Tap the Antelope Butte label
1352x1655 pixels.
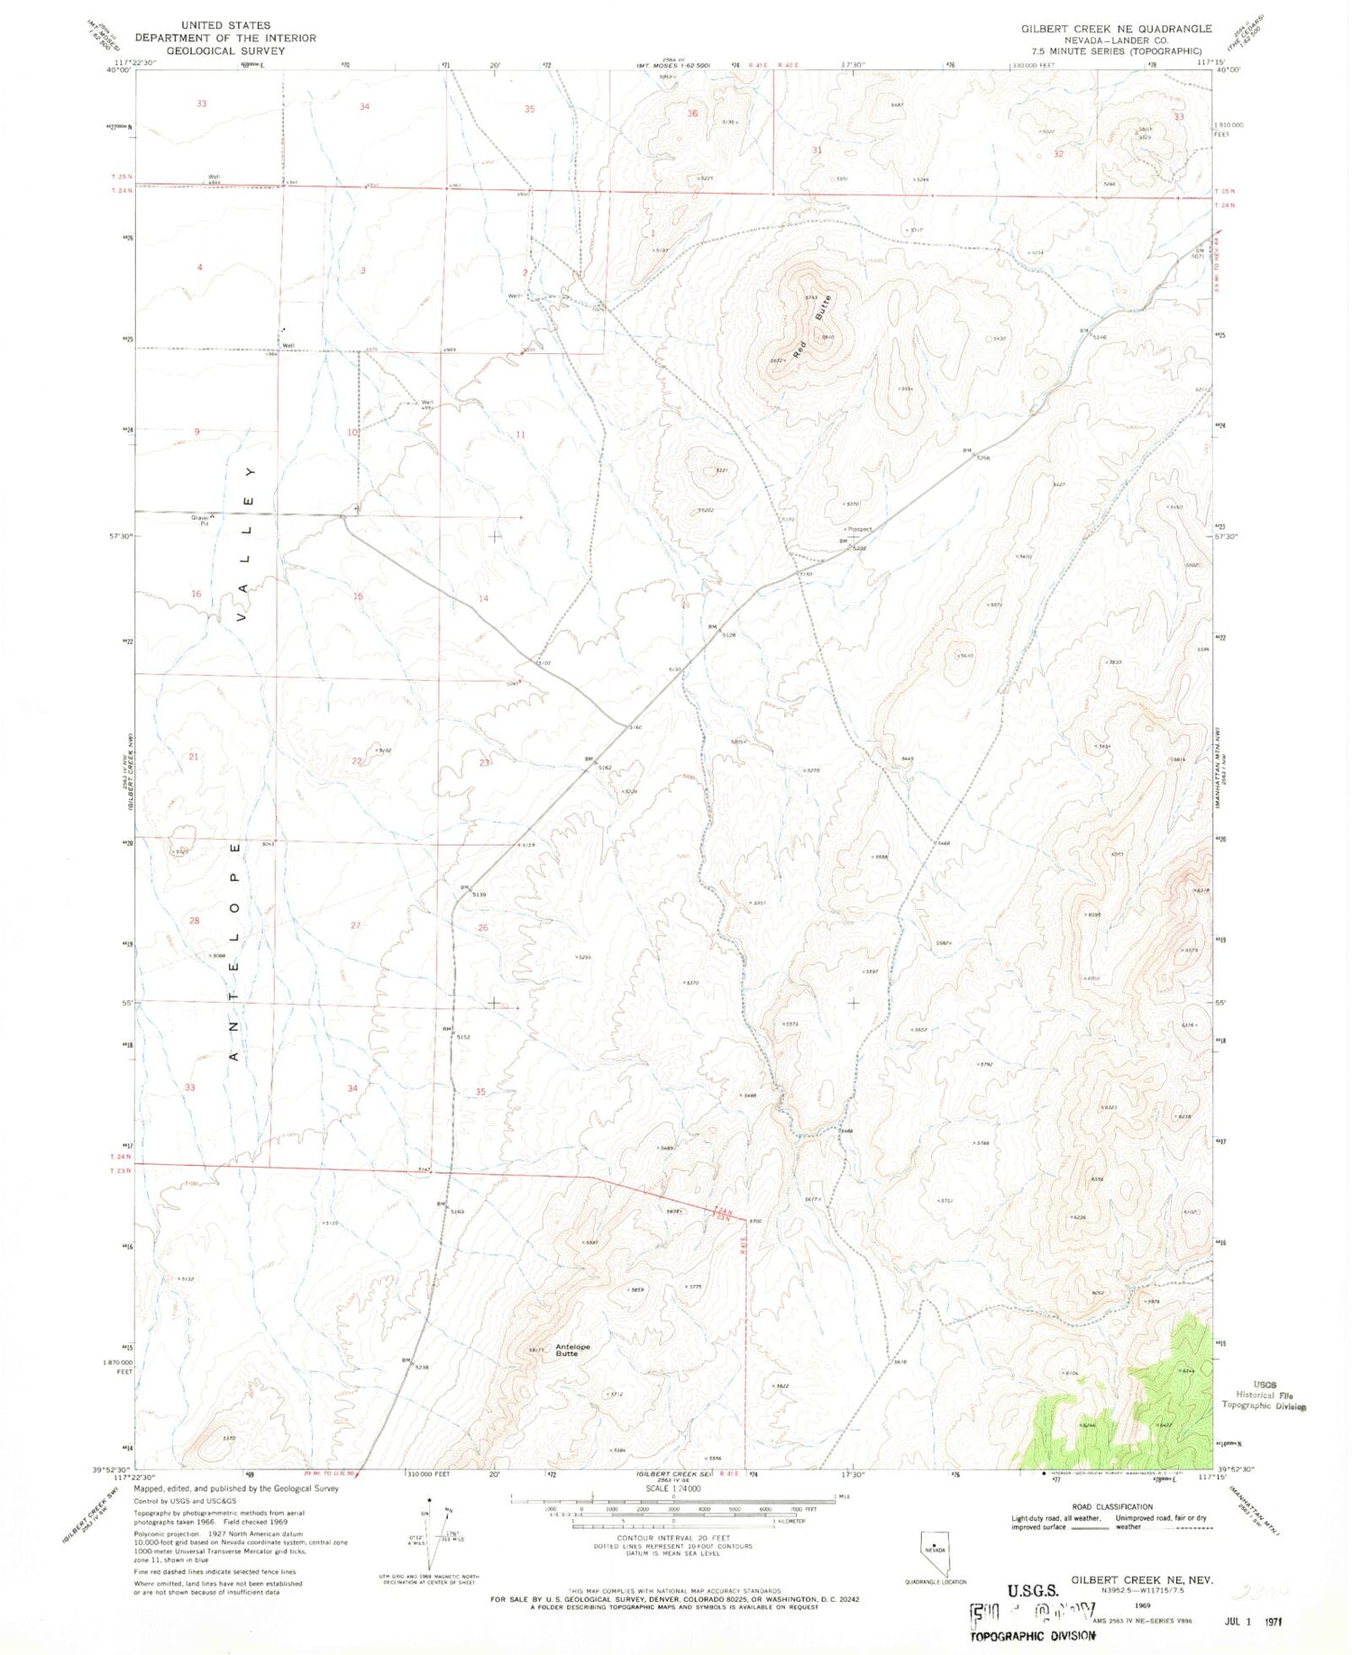point(572,1350)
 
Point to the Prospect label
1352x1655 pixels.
point(858,529)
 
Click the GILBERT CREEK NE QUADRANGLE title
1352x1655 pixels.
point(1116,29)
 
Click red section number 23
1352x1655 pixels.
point(484,762)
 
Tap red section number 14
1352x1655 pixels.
point(483,598)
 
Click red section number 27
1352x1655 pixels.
point(355,925)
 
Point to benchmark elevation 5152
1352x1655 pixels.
point(462,1037)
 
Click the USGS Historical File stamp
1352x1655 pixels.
point(1263,1395)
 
